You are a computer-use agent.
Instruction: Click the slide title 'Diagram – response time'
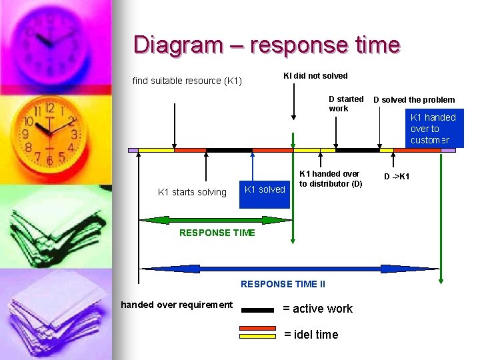(266, 45)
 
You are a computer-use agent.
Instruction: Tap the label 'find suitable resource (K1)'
(187, 81)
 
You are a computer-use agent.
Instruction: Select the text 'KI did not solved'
(315, 75)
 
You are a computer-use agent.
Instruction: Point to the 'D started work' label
(346, 103)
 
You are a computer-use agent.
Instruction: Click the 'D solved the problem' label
(414, 99)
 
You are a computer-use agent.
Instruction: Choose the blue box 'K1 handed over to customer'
(433, 129)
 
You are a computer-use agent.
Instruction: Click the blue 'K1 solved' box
(265, 189)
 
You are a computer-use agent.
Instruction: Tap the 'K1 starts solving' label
(192, 192)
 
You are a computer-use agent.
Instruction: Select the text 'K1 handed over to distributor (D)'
(330, 179)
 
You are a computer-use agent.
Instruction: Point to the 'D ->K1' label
(397, 177)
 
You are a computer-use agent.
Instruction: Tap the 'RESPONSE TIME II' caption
(283, 284)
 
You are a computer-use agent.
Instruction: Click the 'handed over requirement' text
(177, 305)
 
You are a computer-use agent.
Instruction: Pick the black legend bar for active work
(257, 310)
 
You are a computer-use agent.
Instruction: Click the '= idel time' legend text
(311, 334)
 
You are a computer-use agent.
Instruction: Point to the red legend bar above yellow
(258, 328)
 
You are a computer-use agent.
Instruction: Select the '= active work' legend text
(317, 308)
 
